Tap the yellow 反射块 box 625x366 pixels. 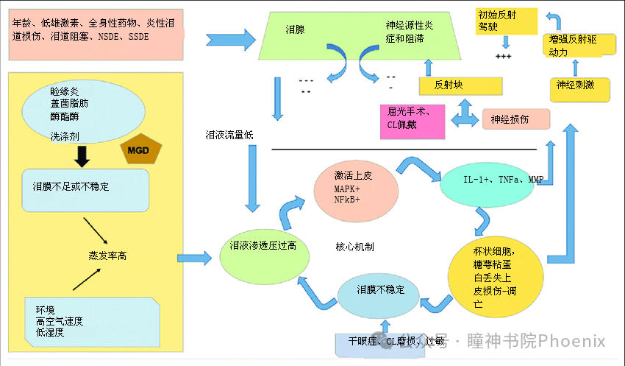pos(449,85)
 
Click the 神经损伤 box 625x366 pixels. pos(515,119)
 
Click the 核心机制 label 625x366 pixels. pos(354,247)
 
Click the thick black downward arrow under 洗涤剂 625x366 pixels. pos(82,155)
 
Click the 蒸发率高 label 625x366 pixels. pos(107,256)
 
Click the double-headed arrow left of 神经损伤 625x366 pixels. pos(464,116)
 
